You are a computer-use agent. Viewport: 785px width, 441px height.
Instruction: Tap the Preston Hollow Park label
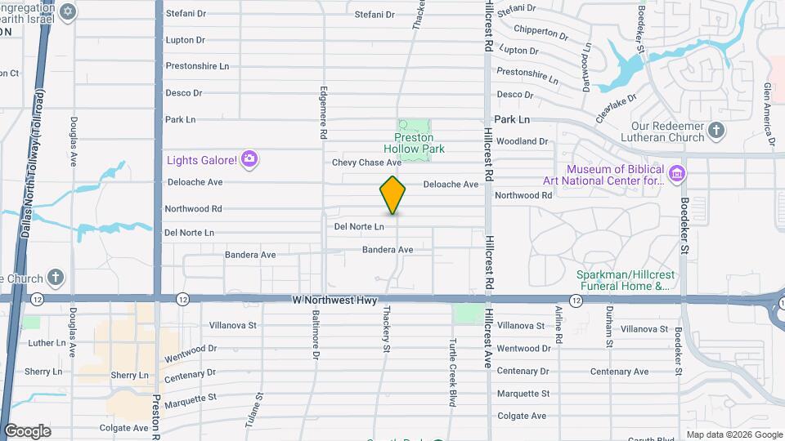pos(414,144)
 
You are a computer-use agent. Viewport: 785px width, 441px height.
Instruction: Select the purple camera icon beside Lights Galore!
pos(250,158)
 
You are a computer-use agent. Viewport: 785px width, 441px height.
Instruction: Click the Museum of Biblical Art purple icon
pos(675,173)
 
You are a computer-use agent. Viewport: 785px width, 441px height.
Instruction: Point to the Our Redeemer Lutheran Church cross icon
pos(716,131)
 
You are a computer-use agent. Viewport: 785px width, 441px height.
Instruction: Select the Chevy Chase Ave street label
pos(366,163)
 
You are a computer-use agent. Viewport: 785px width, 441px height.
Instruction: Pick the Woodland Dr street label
pos(521,141)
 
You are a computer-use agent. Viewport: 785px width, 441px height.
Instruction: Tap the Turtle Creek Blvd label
pos(451,372)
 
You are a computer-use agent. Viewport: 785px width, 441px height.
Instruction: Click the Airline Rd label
pos(559,325)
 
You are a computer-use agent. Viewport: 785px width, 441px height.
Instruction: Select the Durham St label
pos(609,327)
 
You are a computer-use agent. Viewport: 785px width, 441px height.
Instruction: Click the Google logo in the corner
pos(27,430)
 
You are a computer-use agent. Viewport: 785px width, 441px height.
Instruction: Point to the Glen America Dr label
pos(769,115)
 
